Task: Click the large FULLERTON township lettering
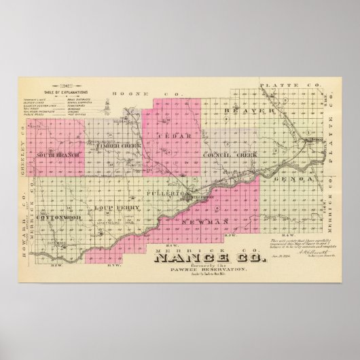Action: (x=162, y=194)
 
